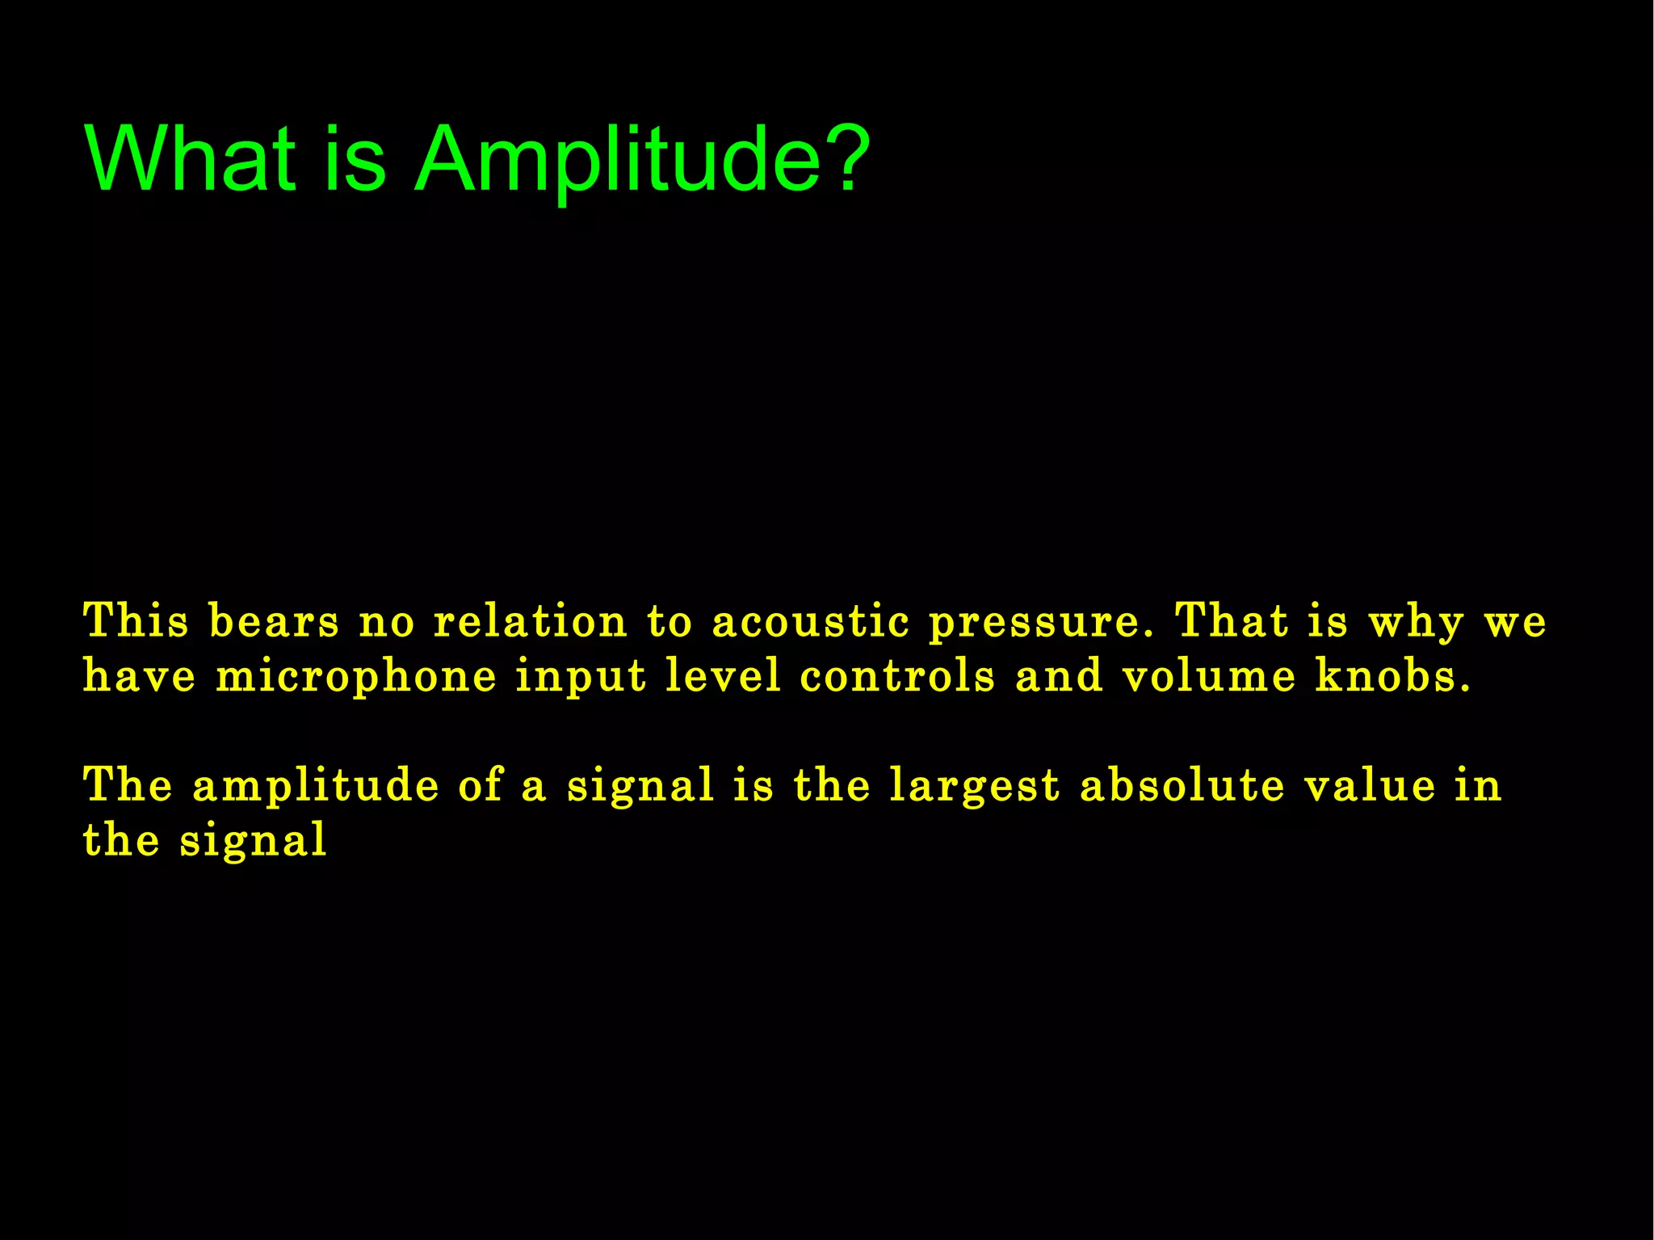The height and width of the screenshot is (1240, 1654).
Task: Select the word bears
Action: [274, 622]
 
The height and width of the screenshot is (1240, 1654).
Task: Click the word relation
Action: [530, 622]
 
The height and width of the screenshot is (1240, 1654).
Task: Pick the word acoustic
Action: [810, 622]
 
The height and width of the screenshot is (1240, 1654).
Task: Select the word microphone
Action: [356, 677]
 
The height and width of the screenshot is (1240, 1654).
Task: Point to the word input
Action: [581, 677]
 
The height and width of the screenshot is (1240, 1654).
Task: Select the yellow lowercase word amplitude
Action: [316, 786]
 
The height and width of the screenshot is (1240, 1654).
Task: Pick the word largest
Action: [974, 786]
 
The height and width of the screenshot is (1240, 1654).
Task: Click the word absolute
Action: [1182, 784]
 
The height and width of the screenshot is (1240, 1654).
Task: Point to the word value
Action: [1370, 784]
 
